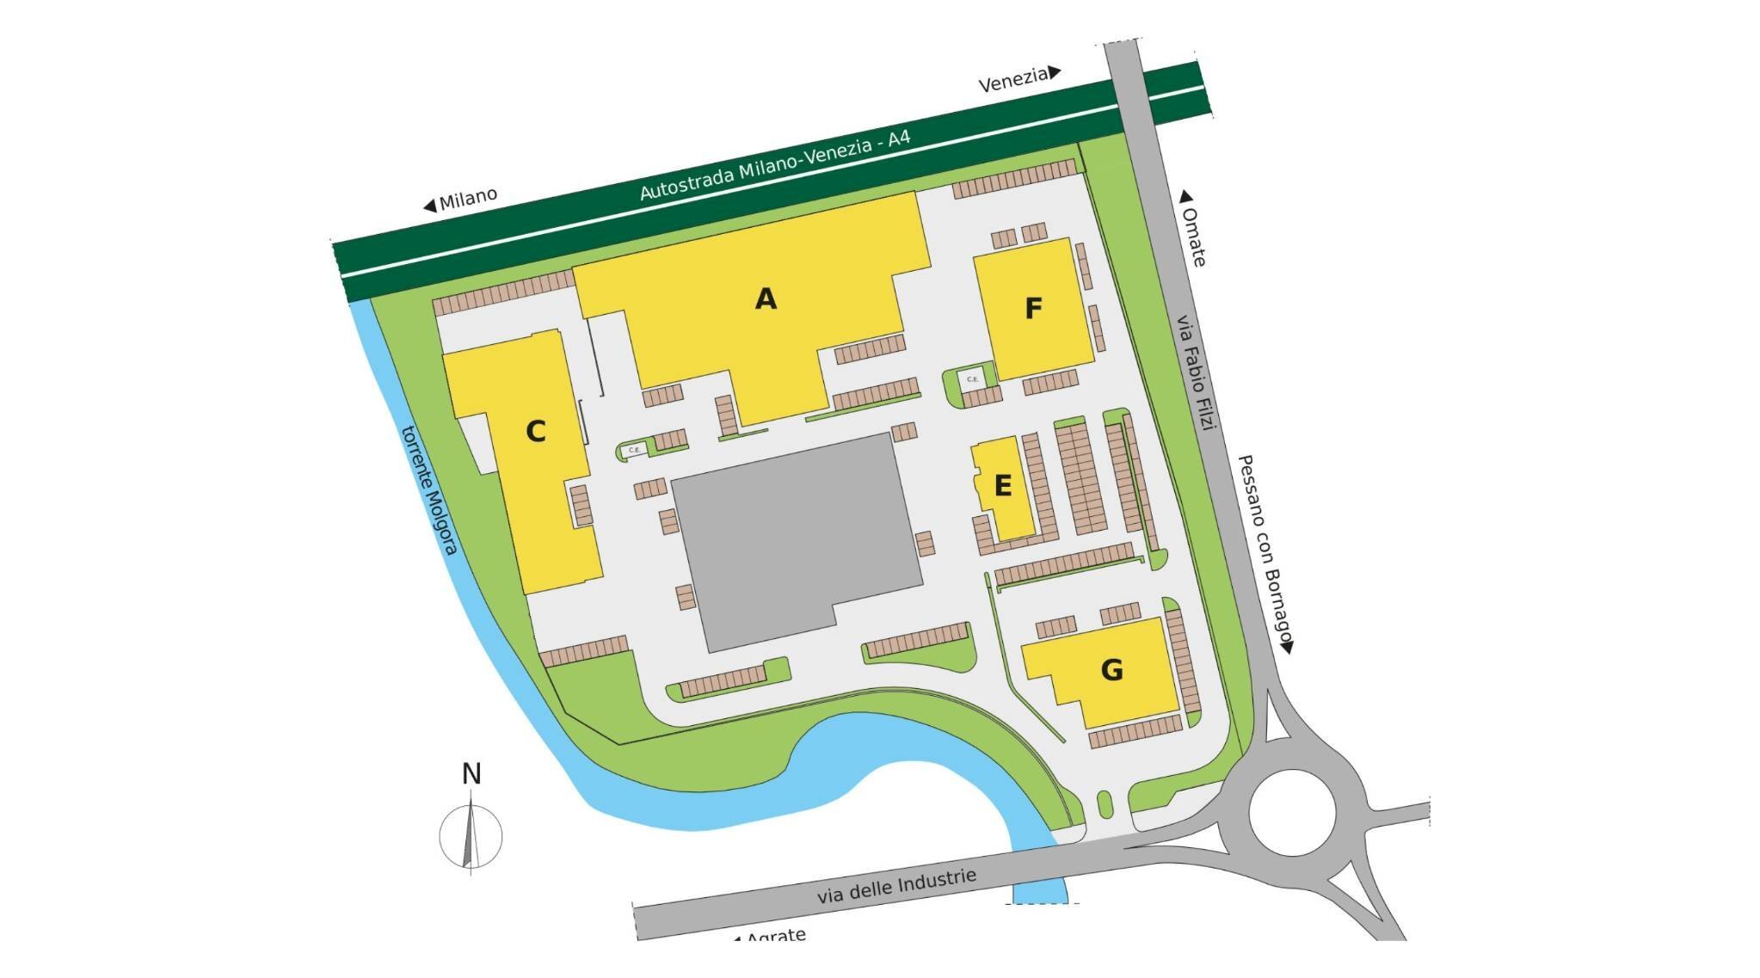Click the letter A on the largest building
pos(765,298)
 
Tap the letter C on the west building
pos(535,431)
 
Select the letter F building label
pos(1033,308)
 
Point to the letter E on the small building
pos(1002,487)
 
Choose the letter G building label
pos(1111,669)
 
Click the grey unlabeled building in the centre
pos(796,542)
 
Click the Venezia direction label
pos(1012,79)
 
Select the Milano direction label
pos(468,200)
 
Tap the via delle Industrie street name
pos(896,886)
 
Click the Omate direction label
pos(1194,235)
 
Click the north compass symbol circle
pos(471,835)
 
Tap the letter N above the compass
pos(471,774)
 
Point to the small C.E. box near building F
pos(972,379)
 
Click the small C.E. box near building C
pos(634,450)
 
